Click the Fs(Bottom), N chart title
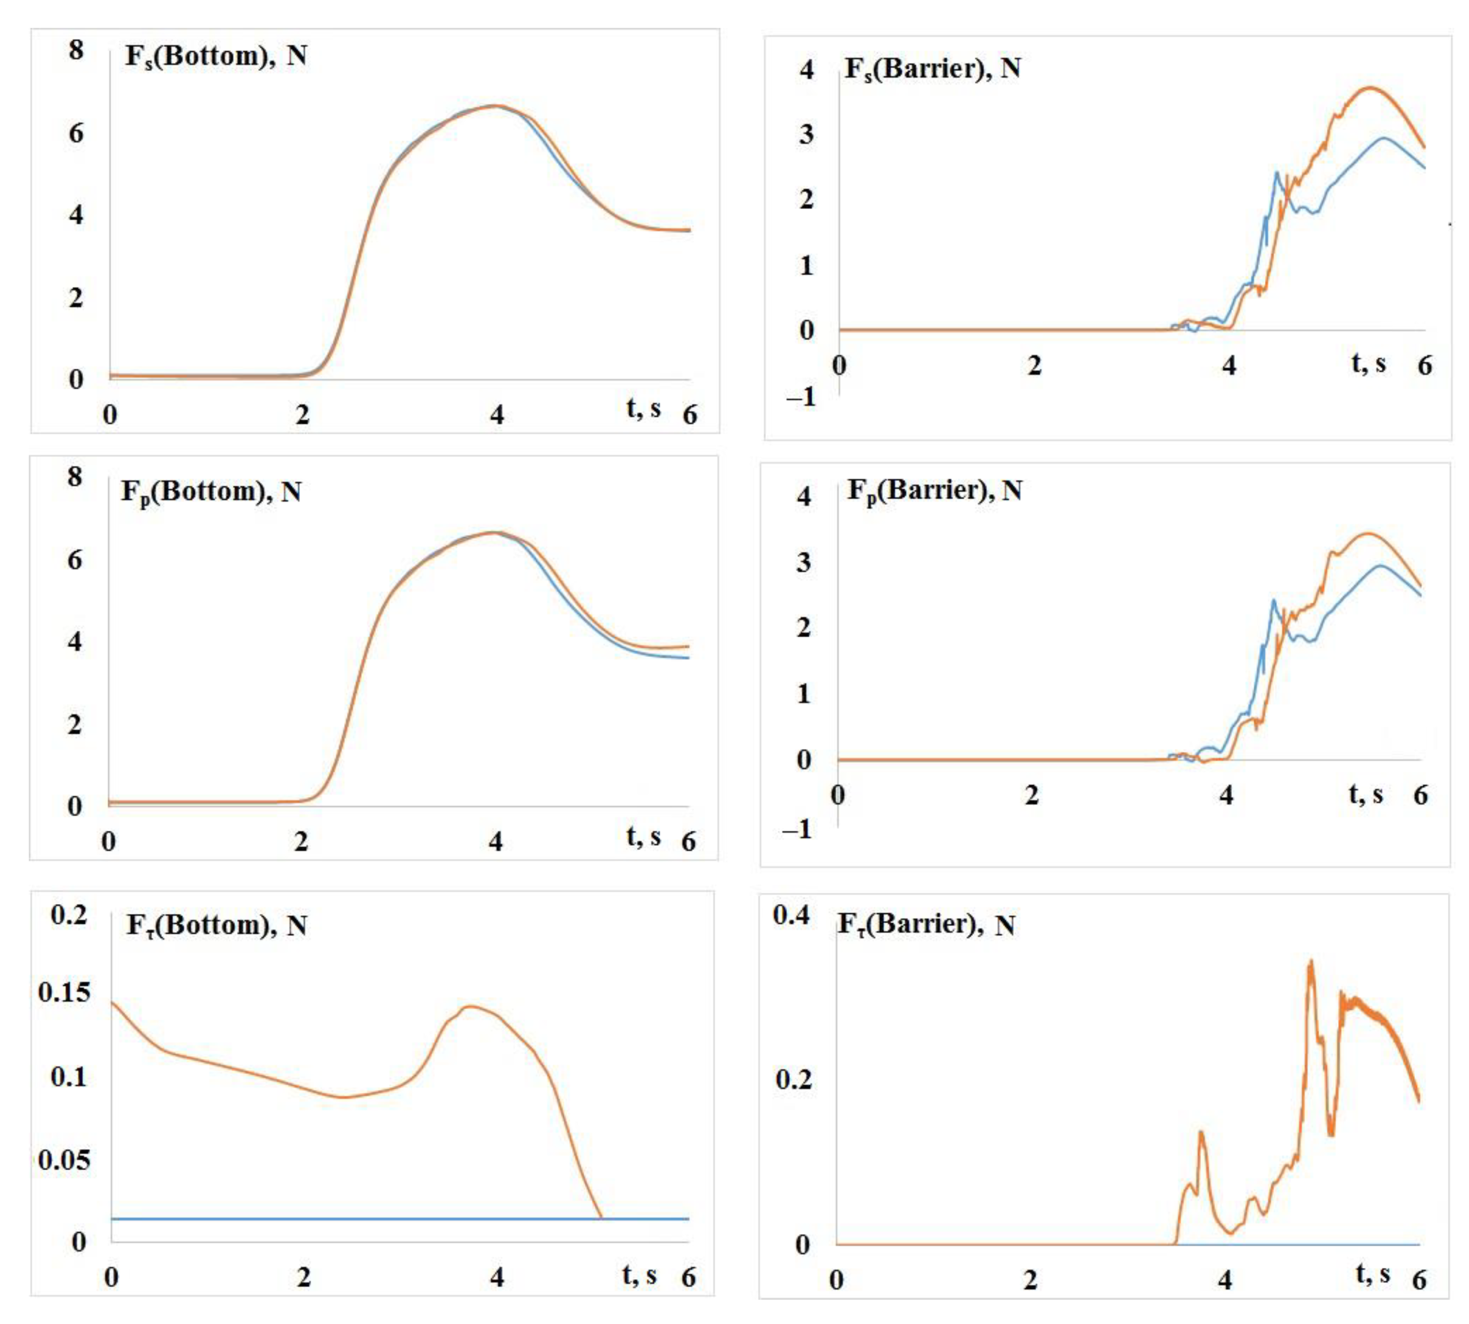point(215,56)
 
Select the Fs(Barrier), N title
point(932,69)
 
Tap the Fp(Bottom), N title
point(211,492)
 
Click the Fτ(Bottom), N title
point(216,926)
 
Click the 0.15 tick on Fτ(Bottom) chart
point(64,992)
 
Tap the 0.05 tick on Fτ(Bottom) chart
point(64,1159)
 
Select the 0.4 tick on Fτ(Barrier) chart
point(791,914)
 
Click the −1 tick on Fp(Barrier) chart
point(796,828)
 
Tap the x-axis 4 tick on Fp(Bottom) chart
point(496,842)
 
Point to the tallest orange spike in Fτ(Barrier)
point(1310,962)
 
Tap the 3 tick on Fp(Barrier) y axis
point(803,562)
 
